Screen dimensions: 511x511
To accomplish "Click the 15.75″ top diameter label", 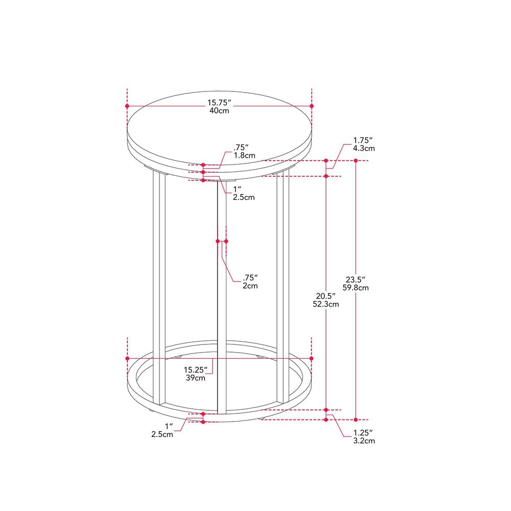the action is [x=219, y=103].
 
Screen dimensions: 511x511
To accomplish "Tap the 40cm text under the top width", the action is [x=219, y=111].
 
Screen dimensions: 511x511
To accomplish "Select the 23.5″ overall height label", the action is [x=356, y=280].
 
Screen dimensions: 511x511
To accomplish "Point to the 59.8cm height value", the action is [x=356, y=288].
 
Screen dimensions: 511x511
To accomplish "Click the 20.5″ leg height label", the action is [x=326, y=296].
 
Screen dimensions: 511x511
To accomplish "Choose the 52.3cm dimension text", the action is [x=326, y=305].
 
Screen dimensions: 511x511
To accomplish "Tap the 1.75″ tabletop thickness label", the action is [x=363, y=141].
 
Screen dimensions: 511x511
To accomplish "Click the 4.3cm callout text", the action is [x=364, y=149].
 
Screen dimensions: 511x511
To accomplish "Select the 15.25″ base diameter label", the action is [x=196, y=370].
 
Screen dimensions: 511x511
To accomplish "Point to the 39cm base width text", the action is [x=196, y=378].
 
